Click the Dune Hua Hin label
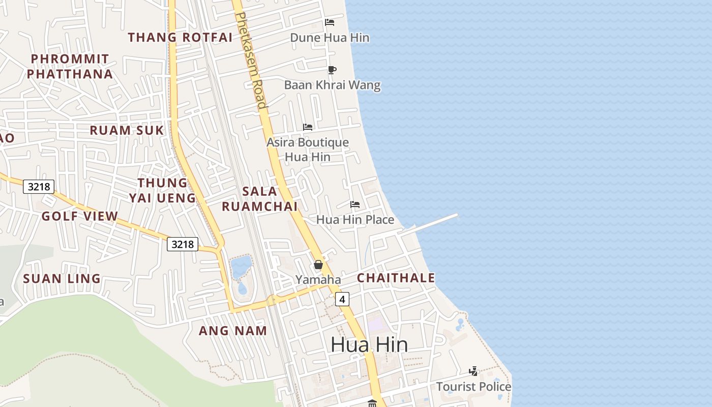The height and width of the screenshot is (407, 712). (x=330, y=38)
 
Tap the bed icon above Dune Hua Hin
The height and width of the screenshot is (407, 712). (x=330, y=22)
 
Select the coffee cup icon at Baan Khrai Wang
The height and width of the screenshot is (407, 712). (x=332, y=70)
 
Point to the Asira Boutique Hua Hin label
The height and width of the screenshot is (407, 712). (x=308, y=150)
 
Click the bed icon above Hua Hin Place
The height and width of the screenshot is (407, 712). (x=355, y=205)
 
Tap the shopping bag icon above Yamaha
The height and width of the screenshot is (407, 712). (x=318, y=265)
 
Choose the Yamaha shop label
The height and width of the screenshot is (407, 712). (x=318, y=279)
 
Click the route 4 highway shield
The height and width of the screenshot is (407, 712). (x=342, y=300)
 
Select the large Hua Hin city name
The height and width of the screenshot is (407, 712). (x=369, y=345)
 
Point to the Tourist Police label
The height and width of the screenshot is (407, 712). (x=473, y=387)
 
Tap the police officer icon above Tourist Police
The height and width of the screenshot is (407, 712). (x=473, y=371)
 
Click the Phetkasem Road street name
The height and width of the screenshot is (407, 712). (x=251, y=61)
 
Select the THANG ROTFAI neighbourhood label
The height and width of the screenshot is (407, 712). (x=180, y=37)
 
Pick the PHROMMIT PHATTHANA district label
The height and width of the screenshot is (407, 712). (x=70, y=67)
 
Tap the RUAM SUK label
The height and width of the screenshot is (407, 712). (x=127, y=130)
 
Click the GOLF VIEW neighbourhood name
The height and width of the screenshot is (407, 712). (x=80, y=216)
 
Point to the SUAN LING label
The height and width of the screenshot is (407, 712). (x=62, y=279)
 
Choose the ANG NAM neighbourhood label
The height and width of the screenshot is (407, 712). (x=233, y=331)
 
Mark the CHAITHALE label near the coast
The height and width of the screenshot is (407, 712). (x=396, y=278)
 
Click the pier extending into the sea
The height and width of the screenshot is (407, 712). (x=432, y=224)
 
